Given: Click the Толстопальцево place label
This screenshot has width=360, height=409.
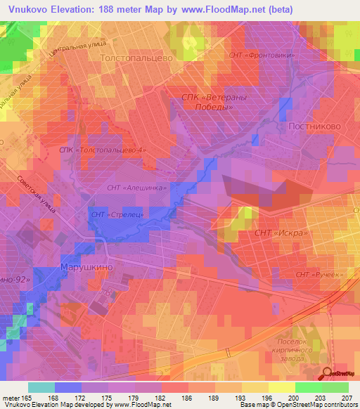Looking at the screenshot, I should [x=137, y=59].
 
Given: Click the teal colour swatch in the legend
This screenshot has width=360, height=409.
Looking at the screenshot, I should [x=41, y=387].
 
